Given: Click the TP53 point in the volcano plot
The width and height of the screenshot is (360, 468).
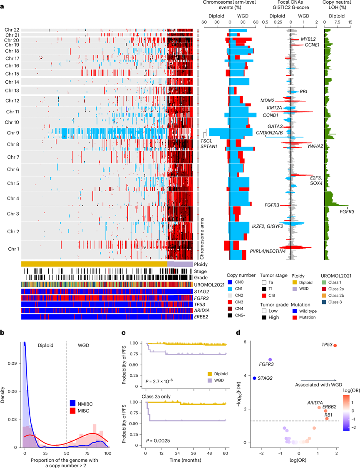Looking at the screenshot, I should tap(335, 346).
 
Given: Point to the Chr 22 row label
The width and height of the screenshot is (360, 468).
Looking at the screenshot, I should tap(12, 30).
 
